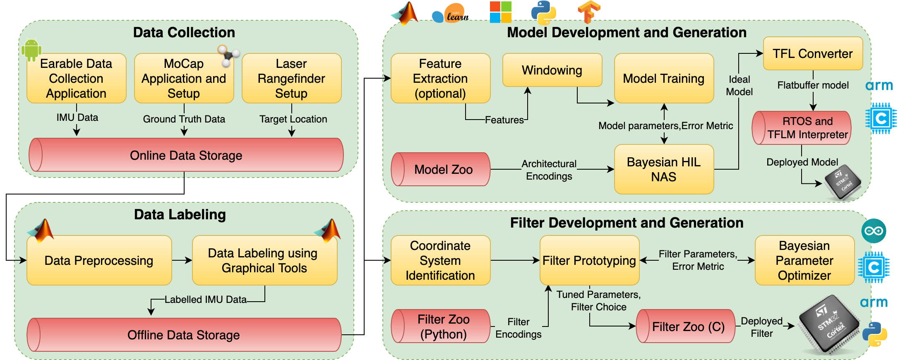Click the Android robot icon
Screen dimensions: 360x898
(x=31, y=49)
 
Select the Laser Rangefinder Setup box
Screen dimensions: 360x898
(x=291, y=78)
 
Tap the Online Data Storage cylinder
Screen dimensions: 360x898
(x=186, y=155)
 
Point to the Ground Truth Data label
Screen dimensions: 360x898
(x=184, y=119)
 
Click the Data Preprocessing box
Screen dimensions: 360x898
(x=99, y=260)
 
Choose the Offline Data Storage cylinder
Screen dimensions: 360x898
(x=184, y=335)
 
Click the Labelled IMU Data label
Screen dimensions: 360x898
(x=205, y=300)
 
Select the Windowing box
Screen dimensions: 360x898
(x=552, y=70)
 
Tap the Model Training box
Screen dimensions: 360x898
(x=663, y=78)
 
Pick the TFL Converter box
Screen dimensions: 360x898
(x=812, y=53)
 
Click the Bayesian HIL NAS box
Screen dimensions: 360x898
(x=663, y=169)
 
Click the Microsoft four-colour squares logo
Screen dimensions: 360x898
(x=500, y=12)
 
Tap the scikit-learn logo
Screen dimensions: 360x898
(x=451, y=14)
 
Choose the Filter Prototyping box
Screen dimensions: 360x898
(x=589, y=260)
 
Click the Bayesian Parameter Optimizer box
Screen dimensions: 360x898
(x=804, y=260)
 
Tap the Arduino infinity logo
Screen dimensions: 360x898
(x=874, y=231)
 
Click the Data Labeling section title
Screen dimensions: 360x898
(x=180, y=214)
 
